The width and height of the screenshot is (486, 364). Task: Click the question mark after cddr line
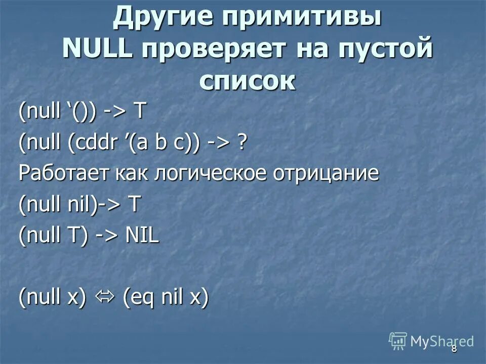click(242, 143)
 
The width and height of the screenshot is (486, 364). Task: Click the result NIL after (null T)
click(142, 236)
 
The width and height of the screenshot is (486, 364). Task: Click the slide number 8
click(454, 348)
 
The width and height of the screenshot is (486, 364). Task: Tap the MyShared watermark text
click(441, 341)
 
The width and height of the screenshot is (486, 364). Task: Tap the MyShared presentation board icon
click(398, 341)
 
